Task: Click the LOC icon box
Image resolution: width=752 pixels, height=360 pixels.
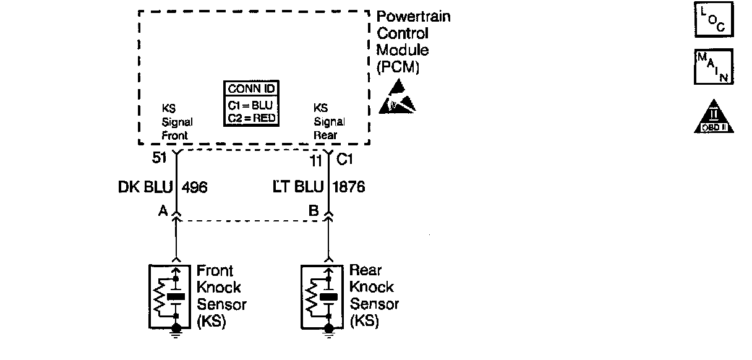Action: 714,20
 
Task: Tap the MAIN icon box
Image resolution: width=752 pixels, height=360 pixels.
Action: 714,67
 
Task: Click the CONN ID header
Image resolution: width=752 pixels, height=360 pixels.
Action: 250,88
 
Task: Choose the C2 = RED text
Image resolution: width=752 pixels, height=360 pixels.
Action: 250,118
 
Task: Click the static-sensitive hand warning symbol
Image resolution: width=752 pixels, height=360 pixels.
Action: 396,99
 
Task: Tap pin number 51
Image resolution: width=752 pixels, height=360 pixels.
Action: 160,159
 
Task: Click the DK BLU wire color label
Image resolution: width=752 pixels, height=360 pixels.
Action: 145,187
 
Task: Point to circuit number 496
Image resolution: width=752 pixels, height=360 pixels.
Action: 194,187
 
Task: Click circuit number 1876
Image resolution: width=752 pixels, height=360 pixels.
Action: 349,186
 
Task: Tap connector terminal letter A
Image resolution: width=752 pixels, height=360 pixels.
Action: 163,212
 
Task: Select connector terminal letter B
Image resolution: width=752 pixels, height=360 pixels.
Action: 314,212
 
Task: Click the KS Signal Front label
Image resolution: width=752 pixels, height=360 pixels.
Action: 177,122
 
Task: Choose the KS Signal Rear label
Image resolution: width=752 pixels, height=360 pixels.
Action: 329,122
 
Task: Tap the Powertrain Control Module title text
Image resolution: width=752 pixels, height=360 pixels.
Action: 413,41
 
